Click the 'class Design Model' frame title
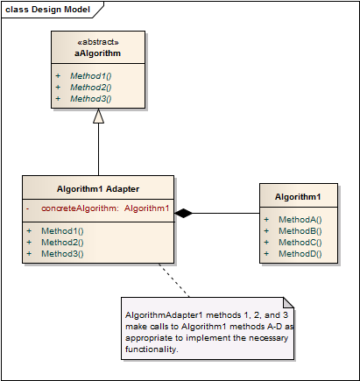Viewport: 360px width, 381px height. tap(46, 9)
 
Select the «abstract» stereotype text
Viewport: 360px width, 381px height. tap(97, 41)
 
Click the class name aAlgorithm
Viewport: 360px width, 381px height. tap(97, 53)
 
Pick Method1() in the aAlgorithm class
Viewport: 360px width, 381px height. tap(90, 76)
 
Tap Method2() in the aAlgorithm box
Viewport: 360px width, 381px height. tap(90, 88)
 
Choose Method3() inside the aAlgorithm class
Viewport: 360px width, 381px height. tap(90, 99)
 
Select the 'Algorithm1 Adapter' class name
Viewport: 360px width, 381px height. tap(97, 188)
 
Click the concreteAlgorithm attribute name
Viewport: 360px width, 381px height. tap(79, 208)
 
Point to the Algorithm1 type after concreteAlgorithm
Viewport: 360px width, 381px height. tap(146, 208)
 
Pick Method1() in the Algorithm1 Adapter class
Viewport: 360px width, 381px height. tap(61, 230)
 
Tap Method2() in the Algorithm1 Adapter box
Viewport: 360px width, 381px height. tap(61, 242)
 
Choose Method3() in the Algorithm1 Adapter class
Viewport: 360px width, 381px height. tap(61, 253)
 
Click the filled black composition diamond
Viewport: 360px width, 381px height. tap(184, 213)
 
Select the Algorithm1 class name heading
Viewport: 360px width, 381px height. tap(298, 197)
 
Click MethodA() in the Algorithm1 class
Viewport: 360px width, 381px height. tap(300, 219)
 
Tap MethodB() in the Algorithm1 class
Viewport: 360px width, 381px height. tap(300, 230)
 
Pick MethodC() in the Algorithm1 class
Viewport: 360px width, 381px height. tap(300, 242)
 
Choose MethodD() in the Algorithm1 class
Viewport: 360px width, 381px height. tap(300, 253)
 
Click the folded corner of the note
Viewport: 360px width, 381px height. tap(288, 303)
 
